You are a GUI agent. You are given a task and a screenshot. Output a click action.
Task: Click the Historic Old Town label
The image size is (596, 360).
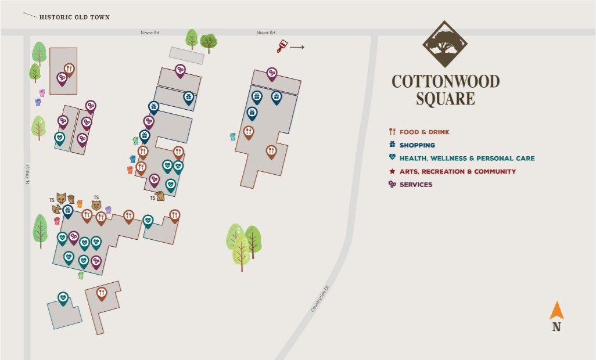pyautogui.click(x=74, y=17)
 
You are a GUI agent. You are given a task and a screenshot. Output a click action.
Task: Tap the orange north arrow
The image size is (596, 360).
pyautogui.click(x=556, y=311)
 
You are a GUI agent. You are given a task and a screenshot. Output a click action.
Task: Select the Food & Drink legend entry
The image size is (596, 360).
pyautogui.click(x=424, y=132)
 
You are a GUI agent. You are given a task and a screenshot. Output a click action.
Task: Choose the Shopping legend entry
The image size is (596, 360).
pyautogui.click(x=417, y=145)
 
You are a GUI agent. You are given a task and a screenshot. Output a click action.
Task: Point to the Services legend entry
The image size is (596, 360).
pyautogui.click(x=415, y=185)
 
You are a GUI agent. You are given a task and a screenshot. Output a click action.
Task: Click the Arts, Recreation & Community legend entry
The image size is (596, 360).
pyautogui.click(x=457, y=171)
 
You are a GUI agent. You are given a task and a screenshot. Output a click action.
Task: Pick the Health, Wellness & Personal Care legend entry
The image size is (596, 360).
pyautogui.click(x=466, y=158)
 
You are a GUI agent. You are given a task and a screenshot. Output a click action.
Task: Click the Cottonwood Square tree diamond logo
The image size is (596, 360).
pyautogui.click(x=445, y=45)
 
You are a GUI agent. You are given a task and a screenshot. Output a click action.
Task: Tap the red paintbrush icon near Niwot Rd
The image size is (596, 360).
pyautogui.click(x=282, y=46)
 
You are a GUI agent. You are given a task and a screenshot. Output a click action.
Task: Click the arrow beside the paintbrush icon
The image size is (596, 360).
pyautogui.click(x=297, y=47)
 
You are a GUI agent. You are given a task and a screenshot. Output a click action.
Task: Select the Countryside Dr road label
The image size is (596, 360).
pyautogui.click(x=319, y=298)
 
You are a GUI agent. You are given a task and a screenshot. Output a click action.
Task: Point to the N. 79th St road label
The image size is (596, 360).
pyautogui.click(x=27, y=174)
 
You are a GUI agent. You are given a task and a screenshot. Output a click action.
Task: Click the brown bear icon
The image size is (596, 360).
pyautogui.click(x=96, y=205)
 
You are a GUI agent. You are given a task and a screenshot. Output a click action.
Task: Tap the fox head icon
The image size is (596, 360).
pyautogui.click(x=61, y=198)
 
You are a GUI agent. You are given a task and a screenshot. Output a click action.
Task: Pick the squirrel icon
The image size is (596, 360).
pyautogui.click(x=57, y=208)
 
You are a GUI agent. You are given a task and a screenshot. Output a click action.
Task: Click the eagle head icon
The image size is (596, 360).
pyautogui.click(x=160, y=196)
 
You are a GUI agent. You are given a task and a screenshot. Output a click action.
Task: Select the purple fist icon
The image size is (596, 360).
pyautogui.click(x=108, y=210)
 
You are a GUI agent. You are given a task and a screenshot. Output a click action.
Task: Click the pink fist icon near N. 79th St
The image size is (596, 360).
pyautogui.click(x=42, y=92)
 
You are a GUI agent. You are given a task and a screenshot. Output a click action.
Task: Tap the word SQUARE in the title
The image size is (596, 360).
pyautogui.click(x=445, y=99)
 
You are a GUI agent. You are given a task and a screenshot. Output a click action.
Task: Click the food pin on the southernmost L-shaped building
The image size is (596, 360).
pyautogui.click(x=102, y=293)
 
